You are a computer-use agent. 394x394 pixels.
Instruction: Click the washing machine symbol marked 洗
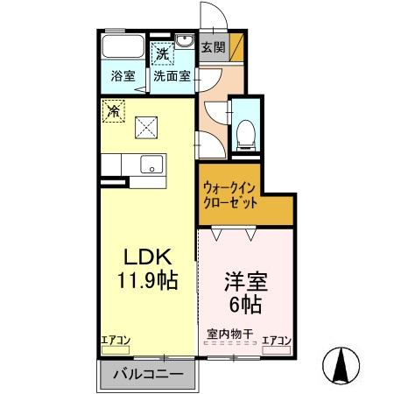(x=162, y=54)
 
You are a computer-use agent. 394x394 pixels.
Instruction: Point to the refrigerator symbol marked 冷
(x=112, y=110)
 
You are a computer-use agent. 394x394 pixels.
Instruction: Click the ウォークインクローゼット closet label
(x=230, y=194)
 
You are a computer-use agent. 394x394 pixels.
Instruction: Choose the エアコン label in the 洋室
(x=276, y=340)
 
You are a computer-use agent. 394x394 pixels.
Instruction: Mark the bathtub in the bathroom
(x=123, y=47)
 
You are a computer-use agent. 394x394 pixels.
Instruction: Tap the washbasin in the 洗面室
(x=185, y=42)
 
